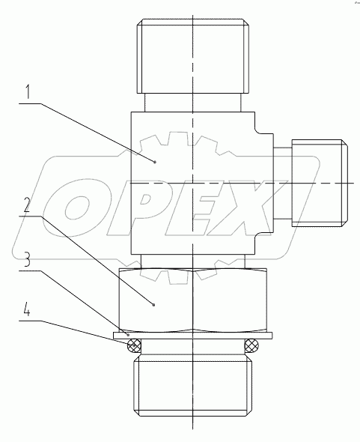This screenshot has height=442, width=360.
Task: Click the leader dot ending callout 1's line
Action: (155, 161)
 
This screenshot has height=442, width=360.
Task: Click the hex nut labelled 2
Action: (192, 300)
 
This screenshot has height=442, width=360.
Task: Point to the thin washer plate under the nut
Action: (192, 335)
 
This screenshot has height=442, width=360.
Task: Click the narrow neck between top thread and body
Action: (192, 102)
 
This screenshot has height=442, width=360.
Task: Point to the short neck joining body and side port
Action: (281, 183)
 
